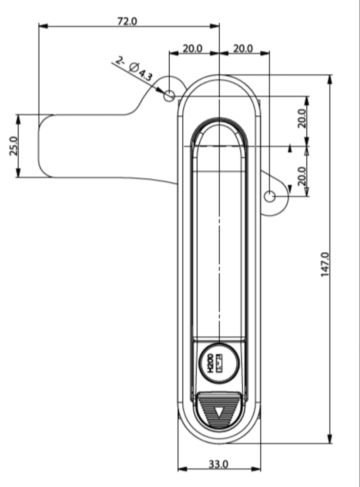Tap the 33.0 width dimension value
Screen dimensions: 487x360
[x=219, y=464]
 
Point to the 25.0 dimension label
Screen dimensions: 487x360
[x=13, y=146]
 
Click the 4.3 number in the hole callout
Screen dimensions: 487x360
[x=145, y=75]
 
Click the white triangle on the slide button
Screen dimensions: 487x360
[x=219, y=413]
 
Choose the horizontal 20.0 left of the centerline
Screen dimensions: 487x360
[x=193, y=48]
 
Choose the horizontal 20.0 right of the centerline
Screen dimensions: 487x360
[x=243, y=48]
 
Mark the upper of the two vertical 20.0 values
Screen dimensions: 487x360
[x=302, y=118]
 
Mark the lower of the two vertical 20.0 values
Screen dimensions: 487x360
[x=302, y=176]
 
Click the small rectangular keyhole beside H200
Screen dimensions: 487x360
[x=219, y=363]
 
